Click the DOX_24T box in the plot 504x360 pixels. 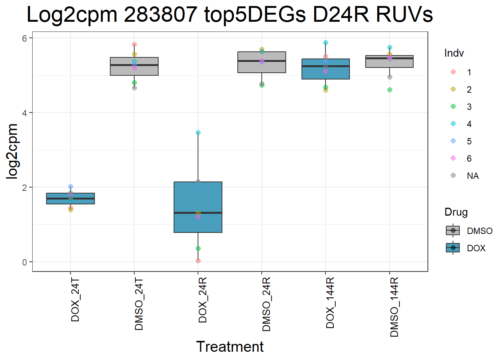70,198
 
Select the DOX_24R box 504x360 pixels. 198,207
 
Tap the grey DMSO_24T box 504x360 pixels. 134,66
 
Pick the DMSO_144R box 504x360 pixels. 390,61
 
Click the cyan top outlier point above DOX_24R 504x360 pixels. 198,132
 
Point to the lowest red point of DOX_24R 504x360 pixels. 198,261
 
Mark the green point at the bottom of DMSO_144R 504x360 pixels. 390,90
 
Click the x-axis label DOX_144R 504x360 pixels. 330,303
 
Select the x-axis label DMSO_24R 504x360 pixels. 266,304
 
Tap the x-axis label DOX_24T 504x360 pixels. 75,300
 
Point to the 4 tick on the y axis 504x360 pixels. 25,112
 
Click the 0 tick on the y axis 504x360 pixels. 25,262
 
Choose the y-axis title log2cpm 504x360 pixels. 13,151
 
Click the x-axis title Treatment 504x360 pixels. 230,346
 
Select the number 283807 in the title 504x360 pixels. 160,15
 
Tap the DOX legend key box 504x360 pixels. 453,248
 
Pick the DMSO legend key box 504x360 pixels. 453,231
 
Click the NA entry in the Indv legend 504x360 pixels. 472,176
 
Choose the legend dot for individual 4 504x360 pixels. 453,124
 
